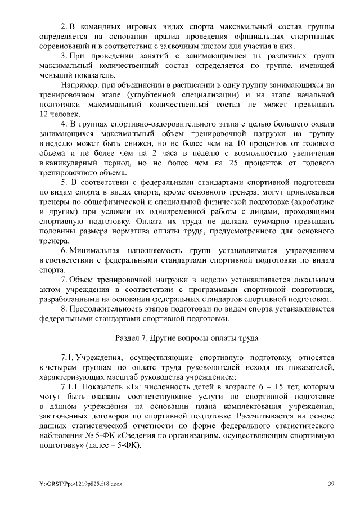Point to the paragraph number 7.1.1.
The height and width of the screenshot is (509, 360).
[x=71, y=388]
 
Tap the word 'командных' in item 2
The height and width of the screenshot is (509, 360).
[x=107, y=26]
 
